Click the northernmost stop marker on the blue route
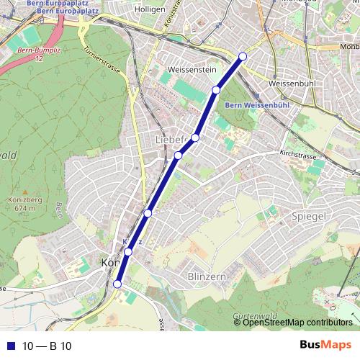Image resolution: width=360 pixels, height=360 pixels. click(243, 56)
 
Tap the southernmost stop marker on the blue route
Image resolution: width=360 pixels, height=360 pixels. click(117, 284)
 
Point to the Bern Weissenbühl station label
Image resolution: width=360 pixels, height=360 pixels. click(257, 105)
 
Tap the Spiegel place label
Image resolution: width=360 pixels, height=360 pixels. click(310, 216)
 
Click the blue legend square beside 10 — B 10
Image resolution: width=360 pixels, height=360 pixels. click(9, 346)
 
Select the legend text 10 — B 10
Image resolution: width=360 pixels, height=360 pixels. click(47, 346)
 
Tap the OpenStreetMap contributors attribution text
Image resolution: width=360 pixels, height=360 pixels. click(297, 323)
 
